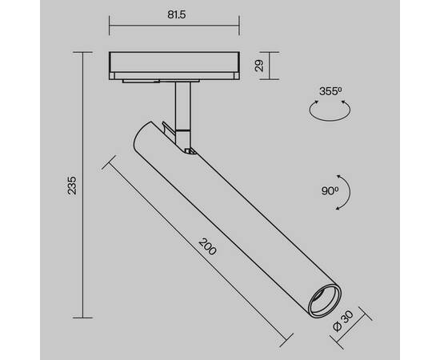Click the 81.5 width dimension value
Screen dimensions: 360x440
pos(175,14)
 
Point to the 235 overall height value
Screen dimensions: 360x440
pos(73,185)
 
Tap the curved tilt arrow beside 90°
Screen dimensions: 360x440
pos(343,191)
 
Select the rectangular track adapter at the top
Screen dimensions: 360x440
pos(175,66)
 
